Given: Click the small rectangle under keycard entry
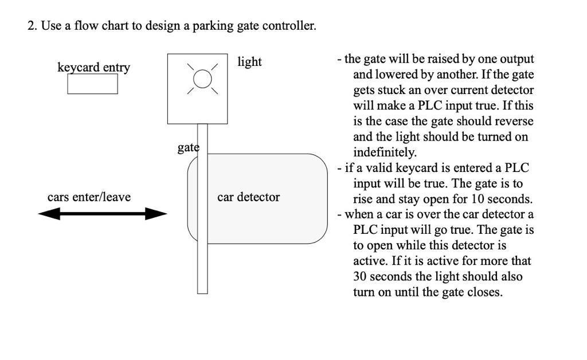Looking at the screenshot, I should point(92,84).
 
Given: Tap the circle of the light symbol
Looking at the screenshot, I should point(202,79).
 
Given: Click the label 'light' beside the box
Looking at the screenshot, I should point(249,62).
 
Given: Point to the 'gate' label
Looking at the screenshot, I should point(187,147).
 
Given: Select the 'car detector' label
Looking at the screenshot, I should point(248,197).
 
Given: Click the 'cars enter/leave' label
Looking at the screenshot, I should point(89,197).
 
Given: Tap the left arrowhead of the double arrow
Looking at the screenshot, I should point(48,214).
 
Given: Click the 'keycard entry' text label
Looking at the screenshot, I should point(93,68).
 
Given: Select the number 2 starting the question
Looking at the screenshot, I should point(32,26).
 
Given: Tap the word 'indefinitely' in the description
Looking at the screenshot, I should point(384,152).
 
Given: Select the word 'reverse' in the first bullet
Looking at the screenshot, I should point(514,122).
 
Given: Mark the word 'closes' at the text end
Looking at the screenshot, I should point(484,292).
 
